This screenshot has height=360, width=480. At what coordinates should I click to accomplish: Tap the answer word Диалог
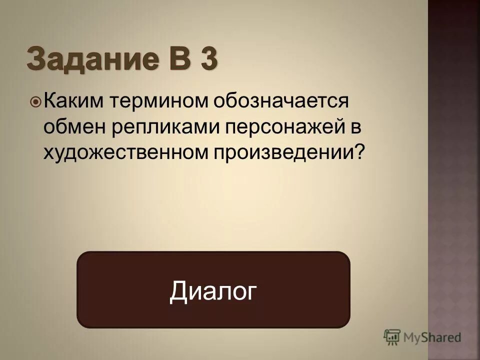tap(213, 290)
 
